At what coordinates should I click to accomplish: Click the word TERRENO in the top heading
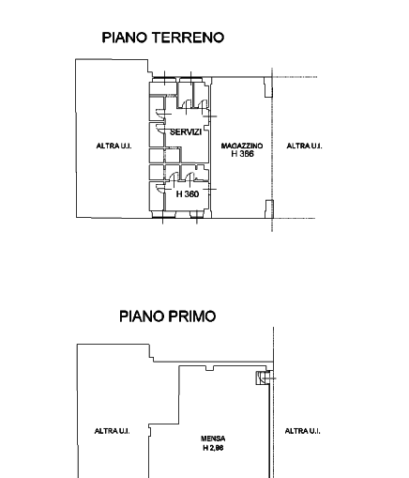189,38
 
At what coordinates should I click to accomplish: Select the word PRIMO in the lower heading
192,316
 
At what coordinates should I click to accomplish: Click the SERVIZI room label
186,132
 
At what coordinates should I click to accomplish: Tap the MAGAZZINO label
242,146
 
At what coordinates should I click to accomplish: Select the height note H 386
242,154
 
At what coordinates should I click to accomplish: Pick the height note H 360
188,194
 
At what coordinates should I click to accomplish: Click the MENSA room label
213,439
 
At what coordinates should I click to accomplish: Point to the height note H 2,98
213,448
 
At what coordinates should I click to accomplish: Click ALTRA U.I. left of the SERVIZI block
114,146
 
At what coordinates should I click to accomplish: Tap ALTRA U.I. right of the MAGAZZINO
304,146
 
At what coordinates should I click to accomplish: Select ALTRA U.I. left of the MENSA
112,431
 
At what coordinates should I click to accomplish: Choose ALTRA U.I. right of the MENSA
302,431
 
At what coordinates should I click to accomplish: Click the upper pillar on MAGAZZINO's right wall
268,87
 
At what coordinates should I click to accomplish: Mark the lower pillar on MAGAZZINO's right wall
269,208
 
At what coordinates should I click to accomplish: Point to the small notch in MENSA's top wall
209,368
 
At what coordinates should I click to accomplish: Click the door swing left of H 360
159,189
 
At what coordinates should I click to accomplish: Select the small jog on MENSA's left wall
150,430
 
